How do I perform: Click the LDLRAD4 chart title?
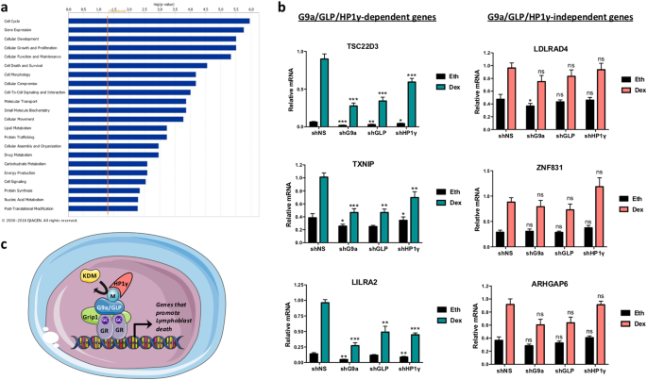click(536, 43)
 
